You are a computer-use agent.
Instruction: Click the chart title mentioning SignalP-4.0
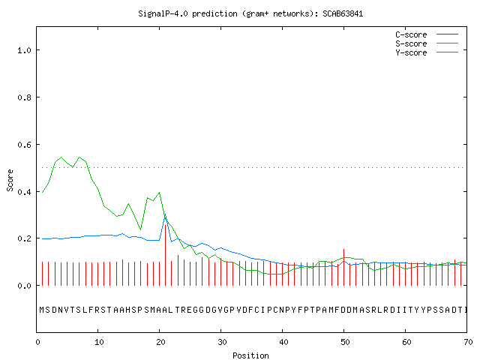(x=250, y=13)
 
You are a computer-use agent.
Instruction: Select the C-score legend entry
(x=427, y=34)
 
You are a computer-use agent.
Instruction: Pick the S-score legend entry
(x=427, y=43)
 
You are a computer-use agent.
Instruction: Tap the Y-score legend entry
(x=427, y=52)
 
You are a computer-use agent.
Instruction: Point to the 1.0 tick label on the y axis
(x=24, y=50)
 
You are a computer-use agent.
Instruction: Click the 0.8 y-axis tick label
(x=24, y=97)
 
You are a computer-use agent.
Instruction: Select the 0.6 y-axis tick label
(x=24, y=145)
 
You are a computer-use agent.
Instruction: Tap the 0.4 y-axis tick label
(x=24, y=192)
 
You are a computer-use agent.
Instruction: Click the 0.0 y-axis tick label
(x=24, y=286)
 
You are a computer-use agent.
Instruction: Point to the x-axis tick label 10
(x=99, y=342)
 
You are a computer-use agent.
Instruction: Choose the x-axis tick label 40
(x=283, y=342)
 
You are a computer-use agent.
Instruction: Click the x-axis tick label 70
(x=468, y=342)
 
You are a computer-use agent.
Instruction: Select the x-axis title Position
(x=250, y=355)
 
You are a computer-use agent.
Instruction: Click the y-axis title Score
(x=10, y=180)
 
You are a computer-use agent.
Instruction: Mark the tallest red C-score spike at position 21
(x=165, y=255)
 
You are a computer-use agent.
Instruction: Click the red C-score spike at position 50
(x=343, y=267)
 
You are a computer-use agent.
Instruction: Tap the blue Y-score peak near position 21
(x=165, y=215)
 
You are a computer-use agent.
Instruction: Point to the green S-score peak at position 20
(x=159, y=193)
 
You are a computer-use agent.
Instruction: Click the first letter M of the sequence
(x=42, y=310)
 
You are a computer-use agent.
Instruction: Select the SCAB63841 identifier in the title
(x=343, y=13)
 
